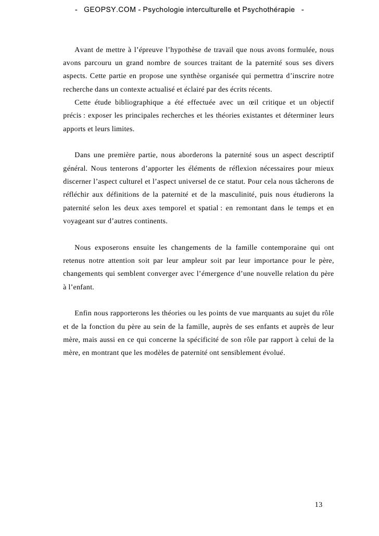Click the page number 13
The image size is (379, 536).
319,505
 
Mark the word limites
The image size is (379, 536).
122,127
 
